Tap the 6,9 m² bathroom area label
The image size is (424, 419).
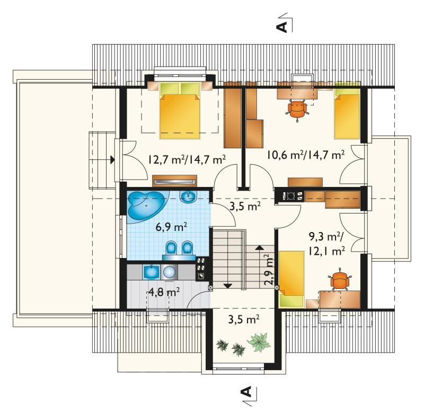pyautogui.click(x=171, y=227)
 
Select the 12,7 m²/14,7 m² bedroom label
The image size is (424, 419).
pyautogui.click(x=187, y=159)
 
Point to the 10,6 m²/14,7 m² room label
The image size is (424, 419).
pyautogui.click(x=306, y=155)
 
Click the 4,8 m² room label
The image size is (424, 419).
pyautogui.click(x=164, y=292)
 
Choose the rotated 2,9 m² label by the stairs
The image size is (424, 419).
pyautogui.click(x=269, y=269)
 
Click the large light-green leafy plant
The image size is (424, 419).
pyautogui.click(x=259, y=342)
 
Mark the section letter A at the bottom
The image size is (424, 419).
pyautogui.click(x=246, y=391)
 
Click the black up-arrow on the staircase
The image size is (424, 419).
pyautogui.click(x=260, y=247)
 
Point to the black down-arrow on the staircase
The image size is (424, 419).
pyautogui.click(x=228, y=285)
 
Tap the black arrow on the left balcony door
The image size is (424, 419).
pyautogui.click(x=112, y=160)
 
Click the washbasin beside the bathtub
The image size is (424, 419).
pyautogui.click(x=189, y=198)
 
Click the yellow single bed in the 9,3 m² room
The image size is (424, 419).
pyautogui.click(x=292, y=279)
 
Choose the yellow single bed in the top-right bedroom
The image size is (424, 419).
pyautogui.click(x=347, y=113)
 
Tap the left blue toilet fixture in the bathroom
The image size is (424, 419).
pyautogui.click(x=171, y=247)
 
